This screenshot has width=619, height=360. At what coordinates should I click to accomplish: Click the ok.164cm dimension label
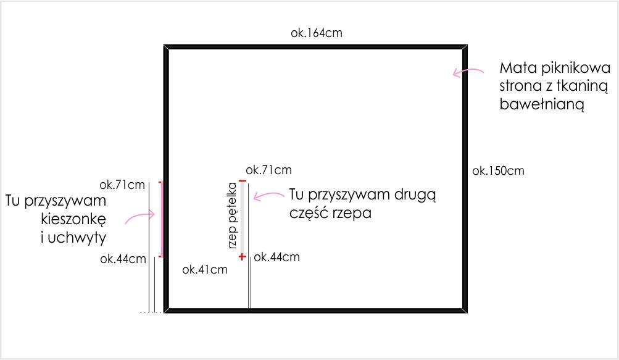(x=316, y=33)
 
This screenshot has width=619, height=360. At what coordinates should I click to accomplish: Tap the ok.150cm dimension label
(x=498, y=170)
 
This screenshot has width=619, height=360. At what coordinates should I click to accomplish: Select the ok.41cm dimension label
(x=205, y=269)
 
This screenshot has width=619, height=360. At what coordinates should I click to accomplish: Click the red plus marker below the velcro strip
(x=242, y=257)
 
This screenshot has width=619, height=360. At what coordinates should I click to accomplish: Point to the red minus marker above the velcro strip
(x=243, y=181)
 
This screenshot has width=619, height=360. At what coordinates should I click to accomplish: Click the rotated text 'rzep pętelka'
(x=232, y=216)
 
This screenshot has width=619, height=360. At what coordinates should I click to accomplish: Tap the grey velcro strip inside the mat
(x=243, y=219)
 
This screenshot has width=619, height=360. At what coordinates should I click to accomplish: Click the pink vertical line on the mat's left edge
(x=161, y=219)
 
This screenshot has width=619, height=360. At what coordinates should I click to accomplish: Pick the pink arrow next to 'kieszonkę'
(x=140, y=217)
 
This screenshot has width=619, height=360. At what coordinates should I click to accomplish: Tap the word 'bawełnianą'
(x=542, y=104)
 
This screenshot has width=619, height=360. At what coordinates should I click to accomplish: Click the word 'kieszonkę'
(x=73, y=219)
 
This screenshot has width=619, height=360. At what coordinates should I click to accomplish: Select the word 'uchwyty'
(x=77, y=238)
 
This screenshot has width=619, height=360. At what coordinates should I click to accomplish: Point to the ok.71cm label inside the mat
(x=268, y=170)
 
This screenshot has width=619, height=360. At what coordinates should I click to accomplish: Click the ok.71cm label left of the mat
(x=122, y=185)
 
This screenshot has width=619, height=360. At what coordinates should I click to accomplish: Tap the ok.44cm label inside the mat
(x=276, y=257)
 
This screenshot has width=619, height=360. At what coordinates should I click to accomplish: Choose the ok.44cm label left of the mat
(x=123, y=259)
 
